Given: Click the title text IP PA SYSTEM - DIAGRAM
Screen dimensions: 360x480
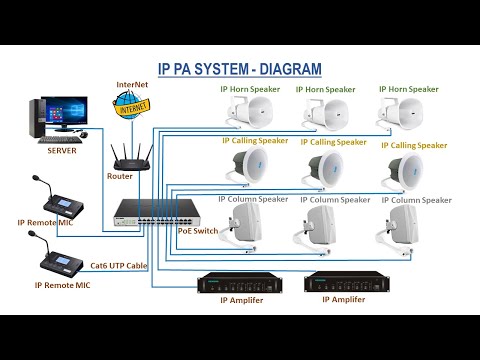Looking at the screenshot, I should [x=240, y=69].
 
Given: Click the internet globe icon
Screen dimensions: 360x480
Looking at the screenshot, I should [x=131, y=105].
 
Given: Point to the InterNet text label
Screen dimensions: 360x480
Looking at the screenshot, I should [x=132, y=86].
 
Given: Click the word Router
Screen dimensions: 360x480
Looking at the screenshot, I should [x=119, y=176].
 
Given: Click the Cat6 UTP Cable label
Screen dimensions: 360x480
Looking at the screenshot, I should [x=121, y=266].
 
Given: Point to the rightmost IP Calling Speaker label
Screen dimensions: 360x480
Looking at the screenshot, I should [x=414, y=145].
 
